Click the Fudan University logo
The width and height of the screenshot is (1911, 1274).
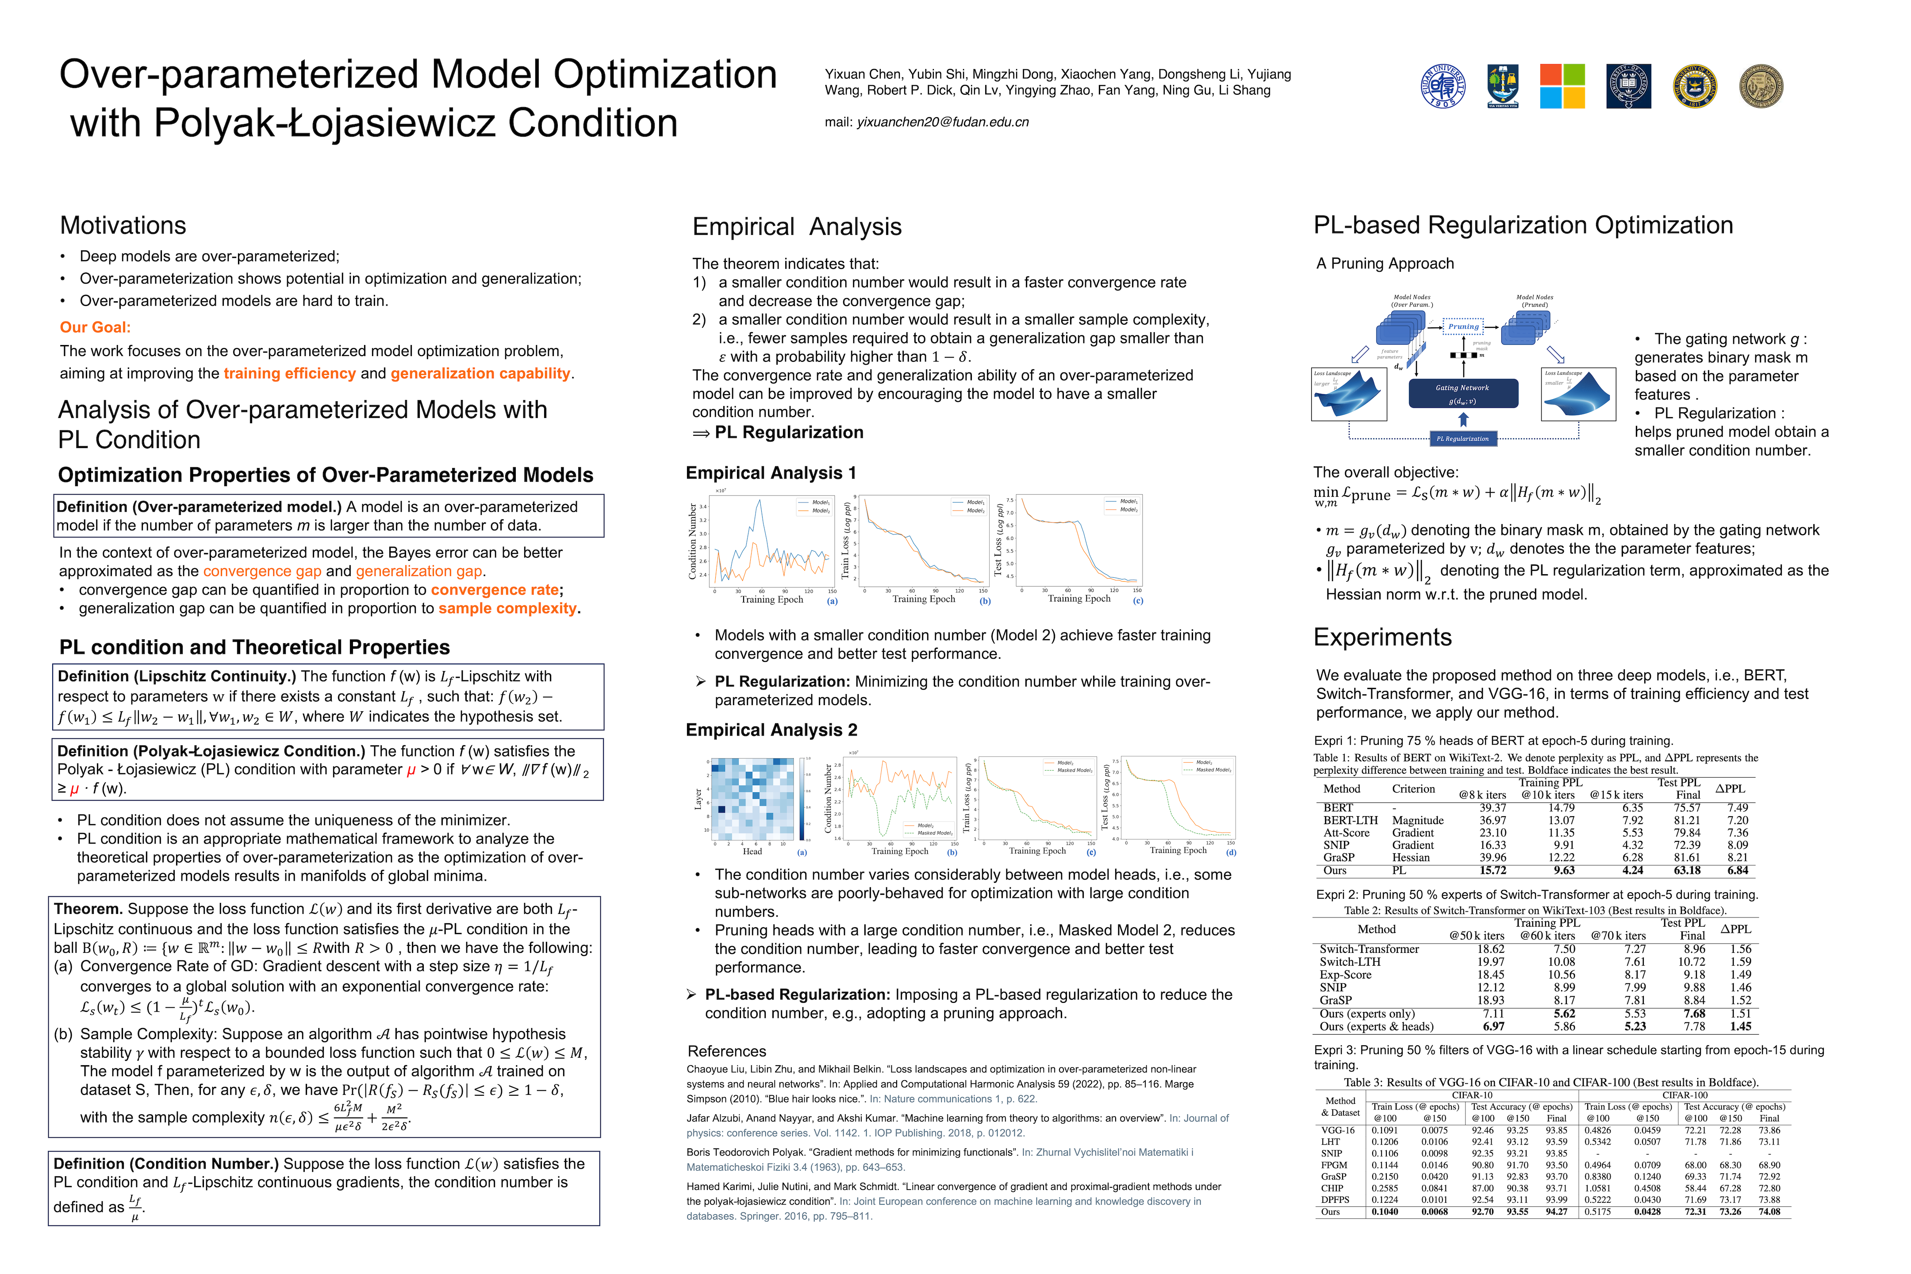1443,86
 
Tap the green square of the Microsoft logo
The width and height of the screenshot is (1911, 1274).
1574,75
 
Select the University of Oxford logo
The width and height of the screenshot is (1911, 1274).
1628,86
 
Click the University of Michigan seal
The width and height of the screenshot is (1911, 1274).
1695,86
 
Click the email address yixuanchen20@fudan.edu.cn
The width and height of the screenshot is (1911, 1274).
943,122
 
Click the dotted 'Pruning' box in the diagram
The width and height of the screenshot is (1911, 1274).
1463,326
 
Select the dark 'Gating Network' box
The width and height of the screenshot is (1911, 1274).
1462,393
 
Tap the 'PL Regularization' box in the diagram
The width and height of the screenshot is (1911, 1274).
1462,439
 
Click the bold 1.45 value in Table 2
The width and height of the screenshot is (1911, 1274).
1740,1026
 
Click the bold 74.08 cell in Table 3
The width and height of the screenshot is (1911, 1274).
1769,1212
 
